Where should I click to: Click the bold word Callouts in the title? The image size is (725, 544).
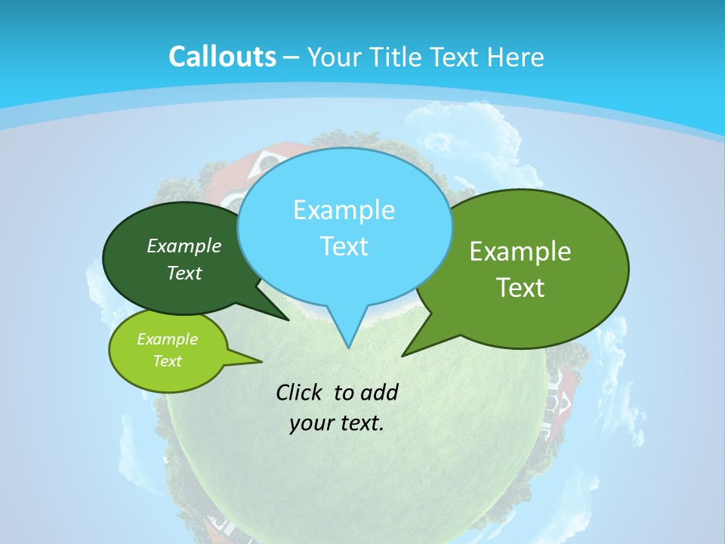coord(222,57)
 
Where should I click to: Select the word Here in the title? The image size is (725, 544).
coord(516,57)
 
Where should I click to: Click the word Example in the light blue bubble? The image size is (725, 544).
coord(344,209)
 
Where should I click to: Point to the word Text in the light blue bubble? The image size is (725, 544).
coord(344,246)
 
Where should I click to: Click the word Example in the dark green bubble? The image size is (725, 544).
coord(184,246)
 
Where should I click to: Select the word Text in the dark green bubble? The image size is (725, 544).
coord(184,273)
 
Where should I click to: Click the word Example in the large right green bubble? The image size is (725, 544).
coord(520,252)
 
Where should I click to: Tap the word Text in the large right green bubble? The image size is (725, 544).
coord(520,287)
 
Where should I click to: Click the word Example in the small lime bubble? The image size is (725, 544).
coord(167,339)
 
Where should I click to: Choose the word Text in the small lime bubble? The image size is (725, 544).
coord(167,361)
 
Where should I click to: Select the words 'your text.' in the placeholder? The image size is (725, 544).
coord(337,423)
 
